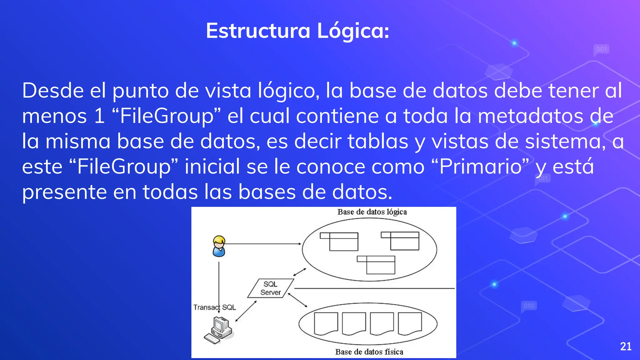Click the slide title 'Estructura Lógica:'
coord(297,31)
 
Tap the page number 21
coord(626,346)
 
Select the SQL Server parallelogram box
coord(271,288)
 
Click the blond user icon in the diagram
coord(219,246)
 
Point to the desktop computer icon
coord(219,330)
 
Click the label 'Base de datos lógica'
coord(372,212)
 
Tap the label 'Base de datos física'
coord(369,352)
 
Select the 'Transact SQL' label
coord(214,307)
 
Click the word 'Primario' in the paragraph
coord(480,167)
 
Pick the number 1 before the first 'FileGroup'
coord(99,116)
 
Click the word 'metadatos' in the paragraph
coord(530,116)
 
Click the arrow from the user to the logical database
coord(262,244)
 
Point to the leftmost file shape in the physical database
coord(326,323)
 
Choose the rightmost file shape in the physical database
coord(410,323)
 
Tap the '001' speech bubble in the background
coord(601,49)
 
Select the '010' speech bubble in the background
coord(529,306)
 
